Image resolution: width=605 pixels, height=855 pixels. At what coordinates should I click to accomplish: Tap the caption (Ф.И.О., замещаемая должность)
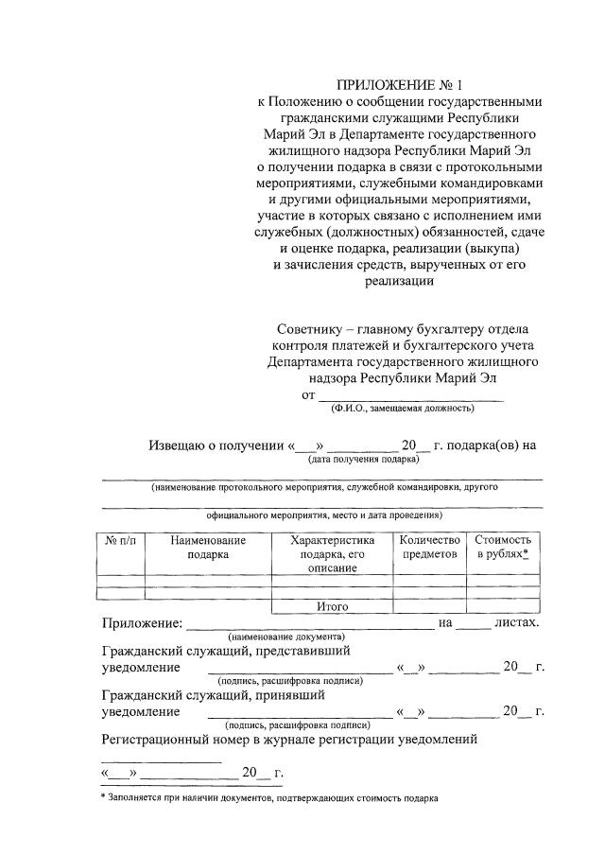tap(402, 409)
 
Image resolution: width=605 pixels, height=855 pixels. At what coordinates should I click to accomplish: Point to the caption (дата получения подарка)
tap(362, 460)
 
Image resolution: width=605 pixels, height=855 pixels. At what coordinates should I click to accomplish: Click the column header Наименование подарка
tap(208, 547)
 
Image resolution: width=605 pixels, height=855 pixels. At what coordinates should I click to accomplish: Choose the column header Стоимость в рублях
tap(503, 547)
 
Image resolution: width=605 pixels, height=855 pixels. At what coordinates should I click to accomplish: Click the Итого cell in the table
tap(332, 606)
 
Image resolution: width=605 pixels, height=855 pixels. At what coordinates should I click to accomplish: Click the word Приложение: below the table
tap(141, 623)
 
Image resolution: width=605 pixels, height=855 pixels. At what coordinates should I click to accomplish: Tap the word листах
tap(516, 623)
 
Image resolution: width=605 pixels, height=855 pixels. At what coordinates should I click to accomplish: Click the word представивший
tap(294, 652)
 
